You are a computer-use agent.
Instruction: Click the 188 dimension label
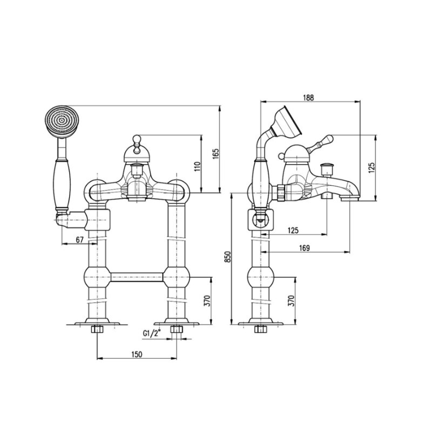pos(308,98)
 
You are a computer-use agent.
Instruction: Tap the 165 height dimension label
pos(215,154)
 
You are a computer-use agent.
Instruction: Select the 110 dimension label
pos(197,167)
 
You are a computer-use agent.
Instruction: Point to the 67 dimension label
pos(79,240)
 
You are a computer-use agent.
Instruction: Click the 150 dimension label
pos(137,354)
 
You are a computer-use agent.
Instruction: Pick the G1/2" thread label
pos(152,333)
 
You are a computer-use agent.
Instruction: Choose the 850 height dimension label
pos(227,257)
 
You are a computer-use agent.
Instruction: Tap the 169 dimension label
pos(304,248)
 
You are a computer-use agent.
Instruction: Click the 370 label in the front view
pos(207,301)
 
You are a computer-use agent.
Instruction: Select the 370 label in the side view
pos(292,301)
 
